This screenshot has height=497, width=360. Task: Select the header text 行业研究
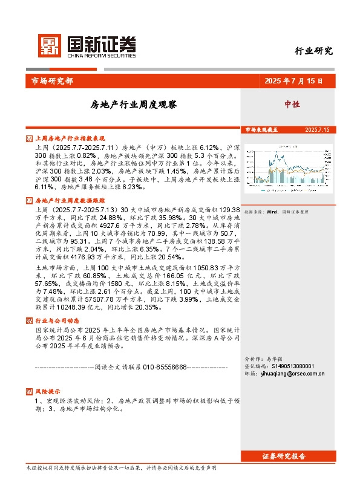(313, 51)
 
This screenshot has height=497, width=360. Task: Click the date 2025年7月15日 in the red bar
(293, 81)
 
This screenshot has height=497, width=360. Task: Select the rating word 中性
(292, 105)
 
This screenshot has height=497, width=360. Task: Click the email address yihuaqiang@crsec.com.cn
(294, 374)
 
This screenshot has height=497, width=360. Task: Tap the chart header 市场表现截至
(261, 130)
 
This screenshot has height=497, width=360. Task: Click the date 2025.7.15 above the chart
(317, 130)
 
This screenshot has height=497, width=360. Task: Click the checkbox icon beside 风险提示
(30, 391)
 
